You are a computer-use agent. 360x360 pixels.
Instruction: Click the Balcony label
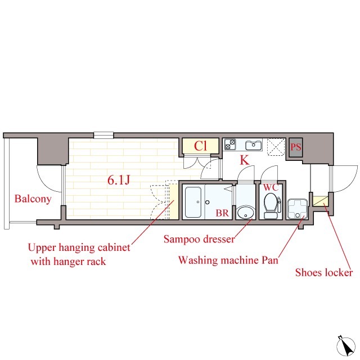pyautogui.click(x=33, y=199)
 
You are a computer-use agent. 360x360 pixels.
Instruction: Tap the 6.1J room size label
pyautogui.click(x=119, y=180)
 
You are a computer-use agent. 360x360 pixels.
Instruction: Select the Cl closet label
pyautogui.click(x=200, y=146)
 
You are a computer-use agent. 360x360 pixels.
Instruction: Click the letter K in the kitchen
pyautogui.click(x=244, y=160)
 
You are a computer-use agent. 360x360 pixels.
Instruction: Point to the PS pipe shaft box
pyautogui.click(x=296, y=147)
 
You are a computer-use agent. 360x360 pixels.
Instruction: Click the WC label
pyautogui.click(x=271, y=187)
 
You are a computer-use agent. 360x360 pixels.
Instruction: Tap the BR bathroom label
pyautogui.click(x=222, y=213)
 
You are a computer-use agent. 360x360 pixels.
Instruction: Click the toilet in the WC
pyautogui.click(x=271, y=205)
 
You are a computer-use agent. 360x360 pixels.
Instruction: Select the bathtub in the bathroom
pyautogui.click(x=193, y=202)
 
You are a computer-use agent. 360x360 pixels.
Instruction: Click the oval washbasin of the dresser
pyautogui.click(x=246, y=213)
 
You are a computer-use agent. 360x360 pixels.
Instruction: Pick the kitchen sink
pyautogui.click(x=254, y=145)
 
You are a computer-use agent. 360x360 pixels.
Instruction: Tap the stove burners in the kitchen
pyautogui.click(x=230, y=145)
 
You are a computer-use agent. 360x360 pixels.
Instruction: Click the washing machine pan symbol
pyautogui.click(x=298, y=209)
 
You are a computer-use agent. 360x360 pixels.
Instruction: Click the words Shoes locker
pyautogui.click(x=324, y=272)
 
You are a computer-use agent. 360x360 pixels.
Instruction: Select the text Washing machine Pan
pyautogui.click(x=228, y=260)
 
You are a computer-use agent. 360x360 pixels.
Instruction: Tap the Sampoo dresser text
pyautogui.click(x=199, y=239)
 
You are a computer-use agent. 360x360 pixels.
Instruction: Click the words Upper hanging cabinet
pyautogui.click(x=79, y=247)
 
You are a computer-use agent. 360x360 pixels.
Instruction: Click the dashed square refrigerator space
pyautogui.click(x=277, y=147)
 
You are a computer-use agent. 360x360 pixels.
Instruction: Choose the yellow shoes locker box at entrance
pyautogui.click(x=320, y=201)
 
